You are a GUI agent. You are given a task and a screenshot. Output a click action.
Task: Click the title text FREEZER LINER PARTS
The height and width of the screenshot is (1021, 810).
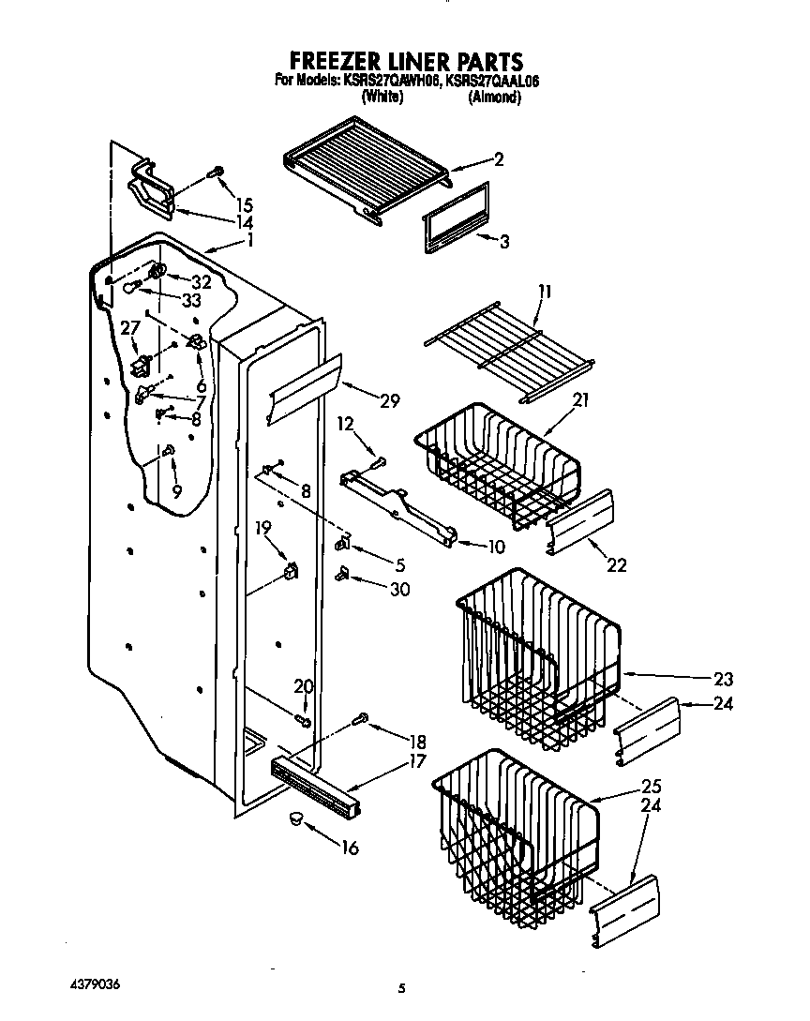pyautogui.click(x=404, y=63)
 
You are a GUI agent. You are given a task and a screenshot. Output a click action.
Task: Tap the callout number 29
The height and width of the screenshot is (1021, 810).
pyautogui.click(x=389, y=401)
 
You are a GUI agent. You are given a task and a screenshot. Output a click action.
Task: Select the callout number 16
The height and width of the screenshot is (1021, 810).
pyautogui.click(x=349, y=848)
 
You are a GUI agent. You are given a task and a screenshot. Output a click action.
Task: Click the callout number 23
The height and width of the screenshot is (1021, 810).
pyautogui.click(x=723, y=679)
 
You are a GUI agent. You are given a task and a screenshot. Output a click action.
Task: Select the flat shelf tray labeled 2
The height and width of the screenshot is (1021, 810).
pyautogui.click(x=369, y=167)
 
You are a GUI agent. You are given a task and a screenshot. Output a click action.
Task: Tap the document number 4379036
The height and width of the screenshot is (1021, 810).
pyautogui.click(x=97, y=986)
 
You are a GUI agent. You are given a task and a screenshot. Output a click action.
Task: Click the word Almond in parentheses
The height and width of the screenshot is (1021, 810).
pyautogui.click(x=494, y=98)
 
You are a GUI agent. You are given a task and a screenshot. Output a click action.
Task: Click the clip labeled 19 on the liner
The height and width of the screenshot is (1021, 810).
pyautogui.click(x=290, y=569)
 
